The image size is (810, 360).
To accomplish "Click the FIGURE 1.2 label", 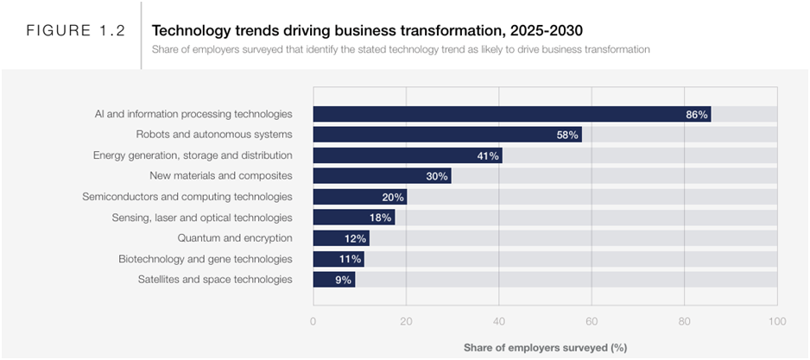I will point(75,31).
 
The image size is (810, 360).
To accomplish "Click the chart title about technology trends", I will point(367,30).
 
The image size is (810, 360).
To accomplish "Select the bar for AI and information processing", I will point(511,114).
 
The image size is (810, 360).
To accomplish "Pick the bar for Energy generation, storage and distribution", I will point(407,155).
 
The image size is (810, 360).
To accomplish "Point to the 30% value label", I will point(437,176).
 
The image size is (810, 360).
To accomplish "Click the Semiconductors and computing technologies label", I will point(187,197).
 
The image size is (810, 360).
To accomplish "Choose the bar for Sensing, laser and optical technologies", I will point(353,218).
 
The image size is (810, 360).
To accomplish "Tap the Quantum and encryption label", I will point(235,238).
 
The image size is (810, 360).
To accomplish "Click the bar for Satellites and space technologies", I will point(333,280).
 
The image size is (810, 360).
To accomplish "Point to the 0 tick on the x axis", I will point(313,321).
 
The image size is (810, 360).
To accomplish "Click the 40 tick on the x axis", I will point(498,321).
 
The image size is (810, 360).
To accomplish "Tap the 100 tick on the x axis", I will point(777,321).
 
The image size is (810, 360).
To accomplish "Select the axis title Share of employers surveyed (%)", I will point(545,347).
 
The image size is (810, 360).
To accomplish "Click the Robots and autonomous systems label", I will point(214,135).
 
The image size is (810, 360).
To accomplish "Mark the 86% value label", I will point(697,114).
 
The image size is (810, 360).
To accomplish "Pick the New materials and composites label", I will point(221,176).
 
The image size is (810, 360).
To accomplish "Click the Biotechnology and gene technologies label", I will point(205,259).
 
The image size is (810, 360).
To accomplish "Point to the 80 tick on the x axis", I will point(684,321).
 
